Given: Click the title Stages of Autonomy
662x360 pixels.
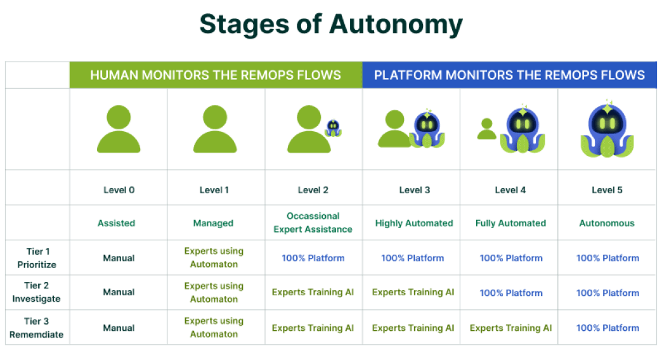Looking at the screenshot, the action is point(331,24).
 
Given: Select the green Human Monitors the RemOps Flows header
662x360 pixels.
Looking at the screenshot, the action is point(216,75).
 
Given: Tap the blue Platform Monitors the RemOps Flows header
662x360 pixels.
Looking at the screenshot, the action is point(510,75).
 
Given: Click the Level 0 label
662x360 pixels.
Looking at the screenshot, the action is point(119,190).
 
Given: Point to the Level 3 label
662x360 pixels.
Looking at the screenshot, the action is point(415,190).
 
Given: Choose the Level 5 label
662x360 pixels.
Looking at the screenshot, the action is point(607,190).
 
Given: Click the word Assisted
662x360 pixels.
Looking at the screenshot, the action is point(116,223).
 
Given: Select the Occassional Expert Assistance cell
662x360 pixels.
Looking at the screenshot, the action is point(313,222).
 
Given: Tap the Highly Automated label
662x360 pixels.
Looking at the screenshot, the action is point(414,223).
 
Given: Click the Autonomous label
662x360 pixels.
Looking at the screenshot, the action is point(607,223).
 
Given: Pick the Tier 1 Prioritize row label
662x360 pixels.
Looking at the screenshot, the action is point(37,258).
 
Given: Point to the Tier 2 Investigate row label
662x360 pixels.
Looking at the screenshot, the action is point(36,292).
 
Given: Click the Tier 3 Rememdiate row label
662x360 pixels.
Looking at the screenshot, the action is point(36,328).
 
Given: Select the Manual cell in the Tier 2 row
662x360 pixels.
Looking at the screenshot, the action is point(119,292).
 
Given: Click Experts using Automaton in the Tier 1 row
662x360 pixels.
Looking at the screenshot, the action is point(214,257).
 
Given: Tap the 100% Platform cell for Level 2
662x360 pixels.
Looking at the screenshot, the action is point(313,258).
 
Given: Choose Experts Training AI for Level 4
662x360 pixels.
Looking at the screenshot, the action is point(511,328).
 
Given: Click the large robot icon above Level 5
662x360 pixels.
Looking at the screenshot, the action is point(607,129).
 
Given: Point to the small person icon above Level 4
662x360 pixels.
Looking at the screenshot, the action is point(486,129).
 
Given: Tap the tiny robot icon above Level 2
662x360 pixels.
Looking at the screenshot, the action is point(333,127).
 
